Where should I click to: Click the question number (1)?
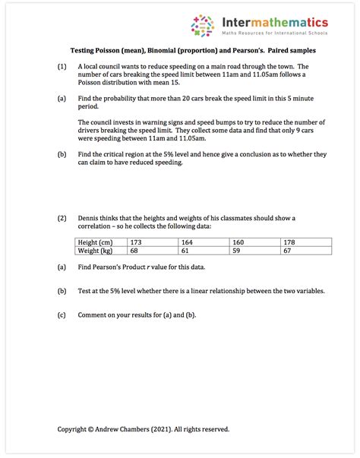point(62,67)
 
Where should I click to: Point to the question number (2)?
point(62,218)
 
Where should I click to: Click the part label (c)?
point(62,314)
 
